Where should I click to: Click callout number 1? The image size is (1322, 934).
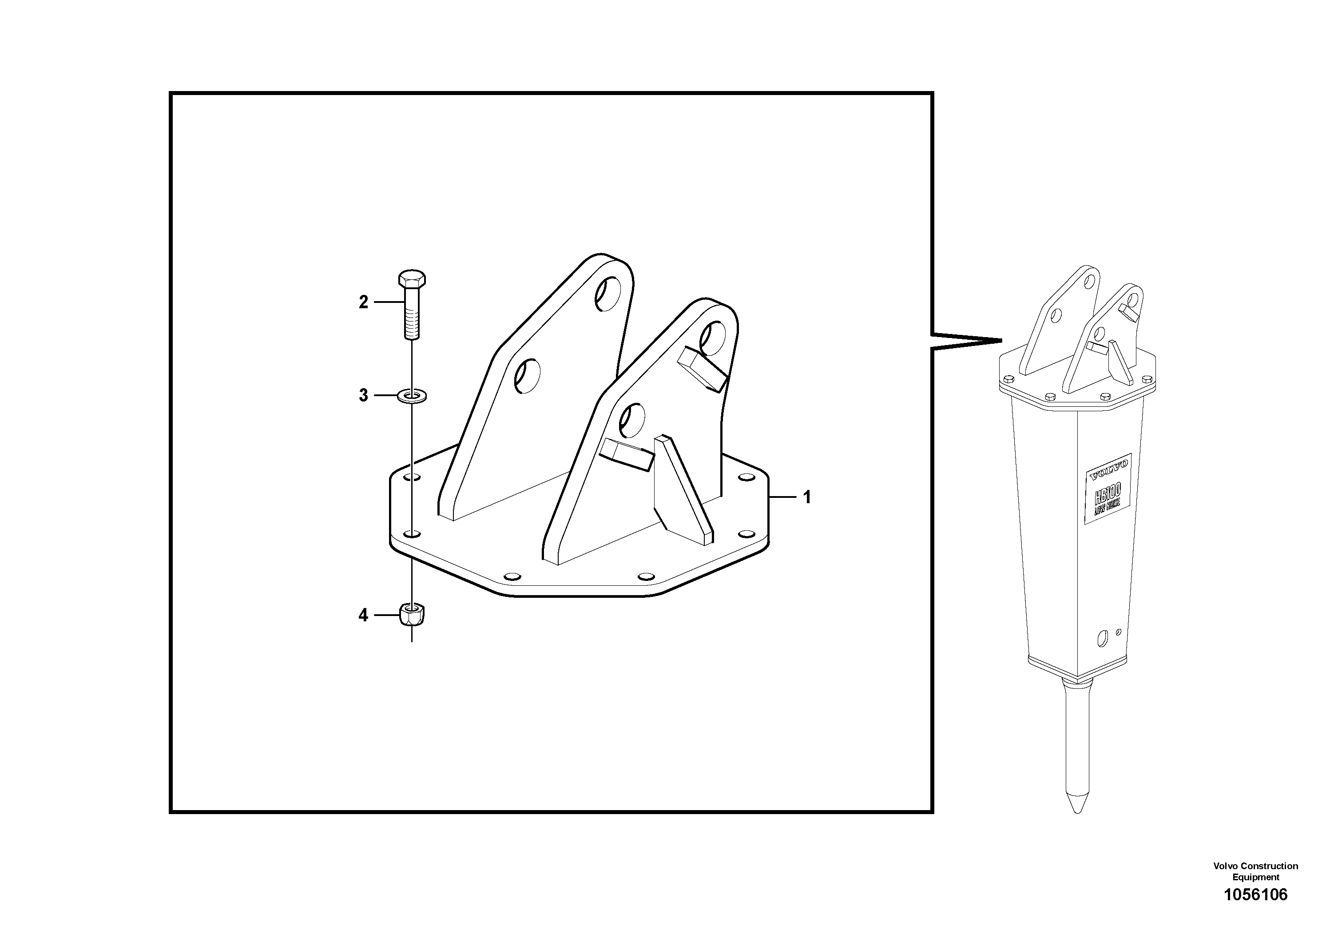click(x=807, y=497)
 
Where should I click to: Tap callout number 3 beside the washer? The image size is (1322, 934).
click(x=363, y=396)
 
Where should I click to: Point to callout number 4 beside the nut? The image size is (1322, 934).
click(x=363, y=616)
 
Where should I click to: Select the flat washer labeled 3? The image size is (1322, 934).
click(x=412, y=396)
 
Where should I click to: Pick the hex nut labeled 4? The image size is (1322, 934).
click(x=412, y=615)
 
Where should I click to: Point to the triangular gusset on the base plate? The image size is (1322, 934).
click(x=682, y=489)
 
